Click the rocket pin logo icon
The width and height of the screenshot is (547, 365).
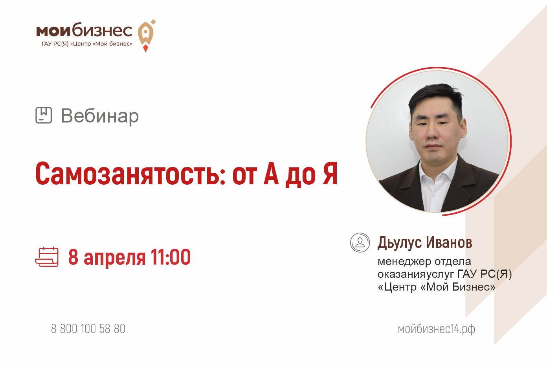146,36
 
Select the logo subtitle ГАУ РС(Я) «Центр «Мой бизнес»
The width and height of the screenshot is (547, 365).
87,44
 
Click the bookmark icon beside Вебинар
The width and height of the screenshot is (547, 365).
44,115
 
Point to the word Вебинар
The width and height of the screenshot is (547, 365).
100,116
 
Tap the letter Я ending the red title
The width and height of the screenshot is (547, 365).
330,173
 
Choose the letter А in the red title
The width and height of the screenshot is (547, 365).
271,173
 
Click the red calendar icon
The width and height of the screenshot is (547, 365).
47,257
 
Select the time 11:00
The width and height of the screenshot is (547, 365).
171,257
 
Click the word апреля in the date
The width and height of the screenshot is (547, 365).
114,258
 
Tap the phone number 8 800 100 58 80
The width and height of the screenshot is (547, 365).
88,328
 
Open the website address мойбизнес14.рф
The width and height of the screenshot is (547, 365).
436,329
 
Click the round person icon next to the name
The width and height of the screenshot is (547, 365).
360,242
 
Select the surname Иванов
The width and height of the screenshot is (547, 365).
449,242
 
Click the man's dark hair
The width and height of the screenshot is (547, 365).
435,96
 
